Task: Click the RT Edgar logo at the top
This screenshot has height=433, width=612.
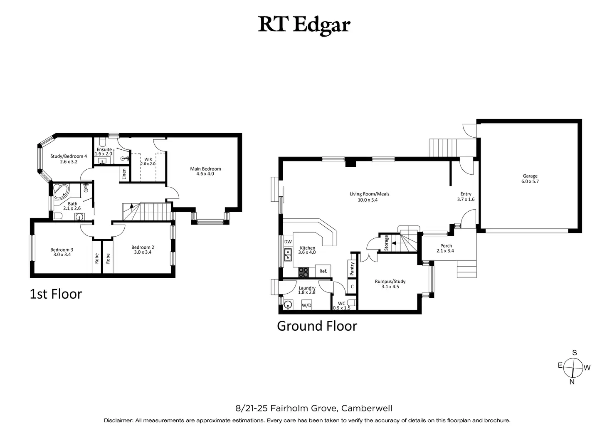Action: click(x=304, y=25)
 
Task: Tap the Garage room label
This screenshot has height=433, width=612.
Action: click(x=530, y=176)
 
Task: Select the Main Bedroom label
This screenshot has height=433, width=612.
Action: click(x=205, y=169)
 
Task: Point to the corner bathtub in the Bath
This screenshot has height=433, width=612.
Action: click(x=62, y=192)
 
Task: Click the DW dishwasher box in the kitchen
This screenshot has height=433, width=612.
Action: click(x=288, y=242)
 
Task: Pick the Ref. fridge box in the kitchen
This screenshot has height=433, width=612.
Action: click(x=323, y=271)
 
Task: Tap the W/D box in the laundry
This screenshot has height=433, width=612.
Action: click(x=306, y=305)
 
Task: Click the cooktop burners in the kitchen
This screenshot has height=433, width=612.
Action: click(x=304, y=272)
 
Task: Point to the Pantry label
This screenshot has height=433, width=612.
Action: click(x=352, y=269)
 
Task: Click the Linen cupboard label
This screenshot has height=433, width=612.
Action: click(x=124, y=174)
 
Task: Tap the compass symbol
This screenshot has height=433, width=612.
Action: click(x=573, y=367)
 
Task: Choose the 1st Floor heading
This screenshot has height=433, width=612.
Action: click(x=56, y=294)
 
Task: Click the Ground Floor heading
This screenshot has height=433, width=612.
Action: click(x=317, y=326)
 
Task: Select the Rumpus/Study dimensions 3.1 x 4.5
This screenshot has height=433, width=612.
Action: click(x=390, y=287)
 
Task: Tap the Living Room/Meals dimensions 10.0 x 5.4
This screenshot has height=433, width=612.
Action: click(x=369, y=200)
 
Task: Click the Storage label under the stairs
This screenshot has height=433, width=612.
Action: click(x=386, y=242)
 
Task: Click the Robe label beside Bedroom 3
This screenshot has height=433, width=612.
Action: click(x=97, y=258)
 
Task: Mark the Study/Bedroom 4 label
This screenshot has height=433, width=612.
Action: click(x=69, y=156)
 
